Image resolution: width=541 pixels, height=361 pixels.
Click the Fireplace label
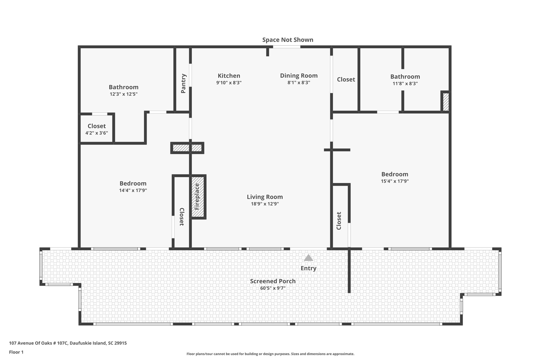click(197, 197)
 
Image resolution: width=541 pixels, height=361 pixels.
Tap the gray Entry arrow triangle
click(308, 258)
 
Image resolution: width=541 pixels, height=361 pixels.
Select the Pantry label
click(183, 84)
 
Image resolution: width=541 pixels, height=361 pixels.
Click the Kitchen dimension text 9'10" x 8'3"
click(229, 83)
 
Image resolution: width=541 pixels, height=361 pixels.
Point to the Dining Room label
click(299, 76)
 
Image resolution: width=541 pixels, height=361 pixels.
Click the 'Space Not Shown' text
click(288, 40)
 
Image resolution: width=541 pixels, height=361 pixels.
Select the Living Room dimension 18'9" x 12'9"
click(265, 204)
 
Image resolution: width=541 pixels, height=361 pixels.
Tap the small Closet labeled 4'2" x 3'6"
click(97, 129)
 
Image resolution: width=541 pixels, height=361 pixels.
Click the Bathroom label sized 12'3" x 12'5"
click(124, 87)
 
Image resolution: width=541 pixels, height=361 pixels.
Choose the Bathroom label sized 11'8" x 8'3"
click(405, 77)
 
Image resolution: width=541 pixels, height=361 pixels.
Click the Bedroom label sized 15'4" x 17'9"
click(395, 174)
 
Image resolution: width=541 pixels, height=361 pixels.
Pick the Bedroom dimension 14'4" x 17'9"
click(133, 190)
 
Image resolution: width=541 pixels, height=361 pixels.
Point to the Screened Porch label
click(273, 281)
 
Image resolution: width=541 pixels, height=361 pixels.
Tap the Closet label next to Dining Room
click(346, 79)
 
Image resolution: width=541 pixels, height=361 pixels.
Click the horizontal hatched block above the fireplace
click(187, 148)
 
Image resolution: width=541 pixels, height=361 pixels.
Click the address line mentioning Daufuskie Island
click(68, 343)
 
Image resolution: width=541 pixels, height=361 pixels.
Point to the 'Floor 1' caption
click(16, 352)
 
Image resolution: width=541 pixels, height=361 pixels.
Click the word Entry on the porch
click(308, 268)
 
